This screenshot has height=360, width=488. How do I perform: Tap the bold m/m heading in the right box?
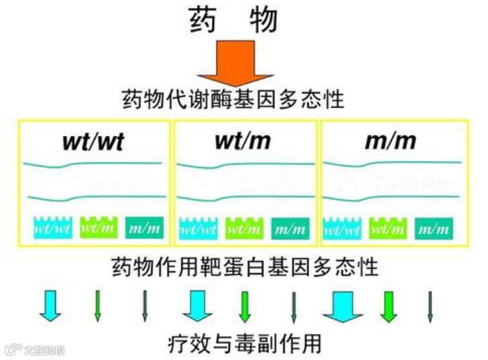(390, 141)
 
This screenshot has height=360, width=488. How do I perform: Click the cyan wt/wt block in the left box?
(52, 227)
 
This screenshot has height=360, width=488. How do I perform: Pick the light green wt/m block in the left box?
(98, 227)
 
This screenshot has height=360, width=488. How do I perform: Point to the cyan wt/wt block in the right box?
(342, 227)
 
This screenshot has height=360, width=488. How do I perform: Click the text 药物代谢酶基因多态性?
(233, 100)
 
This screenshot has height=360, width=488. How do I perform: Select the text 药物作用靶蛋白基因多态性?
(245, 266)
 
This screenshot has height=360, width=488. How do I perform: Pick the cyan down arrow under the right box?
(343, 305)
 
